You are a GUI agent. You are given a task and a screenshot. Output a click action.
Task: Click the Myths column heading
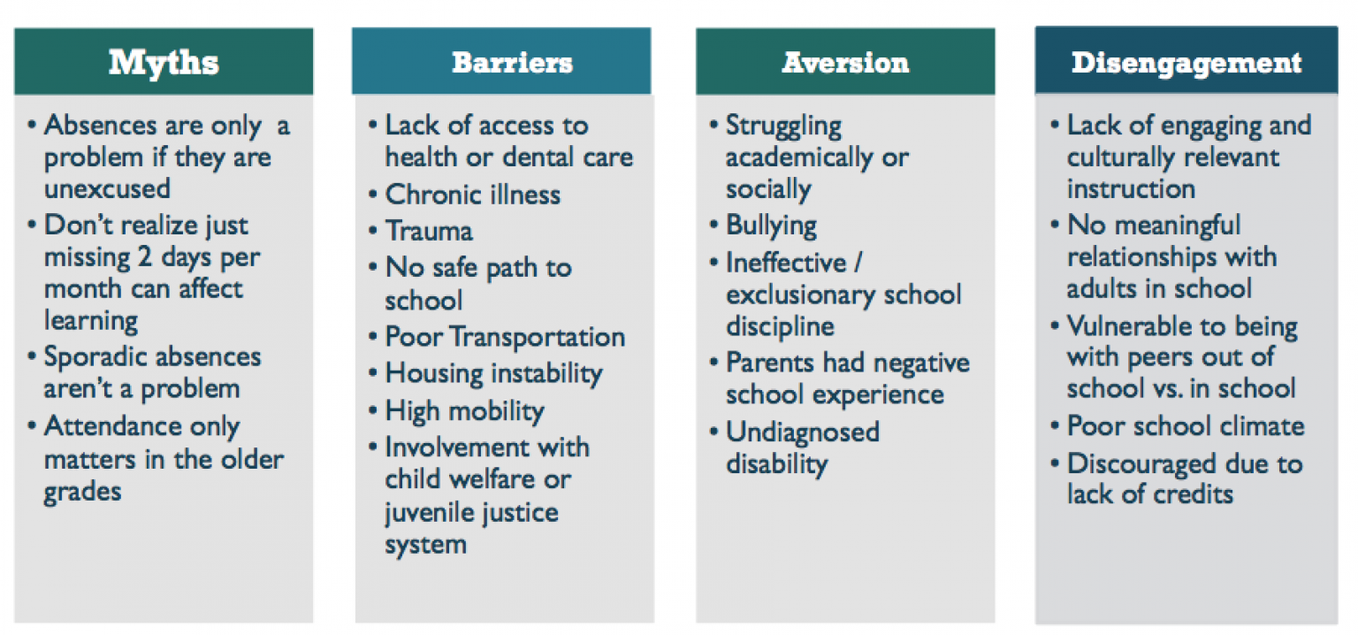point(164,63)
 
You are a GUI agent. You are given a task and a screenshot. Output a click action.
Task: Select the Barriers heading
point(512,63)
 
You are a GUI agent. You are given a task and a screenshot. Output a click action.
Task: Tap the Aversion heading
point(846,63)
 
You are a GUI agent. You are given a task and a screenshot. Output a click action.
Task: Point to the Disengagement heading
point(1186,64)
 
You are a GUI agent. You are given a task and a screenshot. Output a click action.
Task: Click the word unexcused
point(107,188)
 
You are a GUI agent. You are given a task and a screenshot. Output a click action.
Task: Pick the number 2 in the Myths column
point(144,256)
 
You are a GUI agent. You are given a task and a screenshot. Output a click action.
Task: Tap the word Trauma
point(429,231)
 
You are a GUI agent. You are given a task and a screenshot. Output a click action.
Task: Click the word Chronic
point(433,195)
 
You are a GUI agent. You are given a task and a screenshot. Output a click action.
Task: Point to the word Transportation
point(538,338)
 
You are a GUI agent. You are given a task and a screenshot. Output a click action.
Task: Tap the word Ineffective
point(786,263)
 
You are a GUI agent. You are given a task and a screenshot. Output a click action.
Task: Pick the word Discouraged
point(1133,464)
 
